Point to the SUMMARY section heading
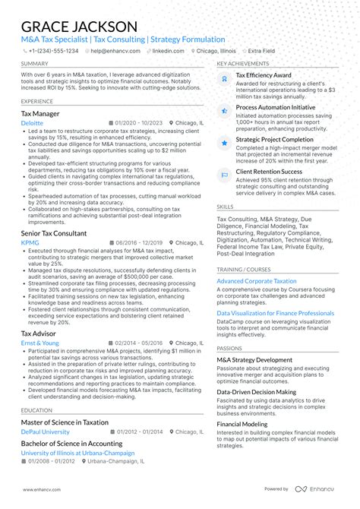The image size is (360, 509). [x=35, y=64]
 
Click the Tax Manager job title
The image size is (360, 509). [x=40, y=113]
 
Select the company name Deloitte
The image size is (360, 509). [x=32, y=122]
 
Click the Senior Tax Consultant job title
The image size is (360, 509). [x=53, y=233]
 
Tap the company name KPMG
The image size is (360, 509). [x=30, y=242]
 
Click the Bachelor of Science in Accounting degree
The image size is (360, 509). [x=71, y=443]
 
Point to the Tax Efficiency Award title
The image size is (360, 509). [x=263, y=76]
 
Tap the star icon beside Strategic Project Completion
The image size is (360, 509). [x=224, y=142]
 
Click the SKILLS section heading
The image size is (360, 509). [x=225, y=206]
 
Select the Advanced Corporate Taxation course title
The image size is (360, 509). [x=257, y=281]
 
